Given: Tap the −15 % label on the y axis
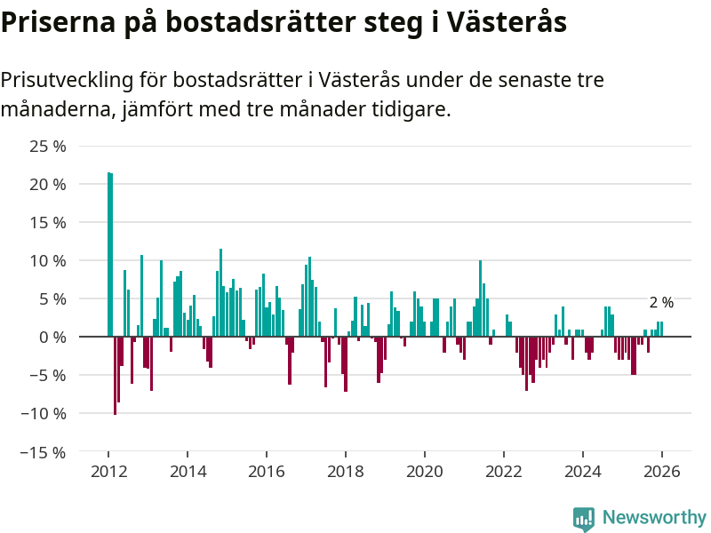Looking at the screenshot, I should pyautogui.click(x=44, y=451).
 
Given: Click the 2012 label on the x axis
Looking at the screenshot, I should pyautogui.click(x=108, y=472).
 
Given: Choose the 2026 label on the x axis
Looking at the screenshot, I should pyautogui.click(x=662, y=472).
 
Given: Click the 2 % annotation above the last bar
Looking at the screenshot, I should pyautogui.click(x=661, y=303).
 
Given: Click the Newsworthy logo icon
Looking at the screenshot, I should pyautogui.click(x=584, y=519).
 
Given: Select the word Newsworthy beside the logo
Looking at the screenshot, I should pyautogui.click(x=654, y=518).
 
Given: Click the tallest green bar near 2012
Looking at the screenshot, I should pyautogui.click(x=108, y=254).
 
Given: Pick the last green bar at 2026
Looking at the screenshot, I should pyautogui.click(x=661, y=329).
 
